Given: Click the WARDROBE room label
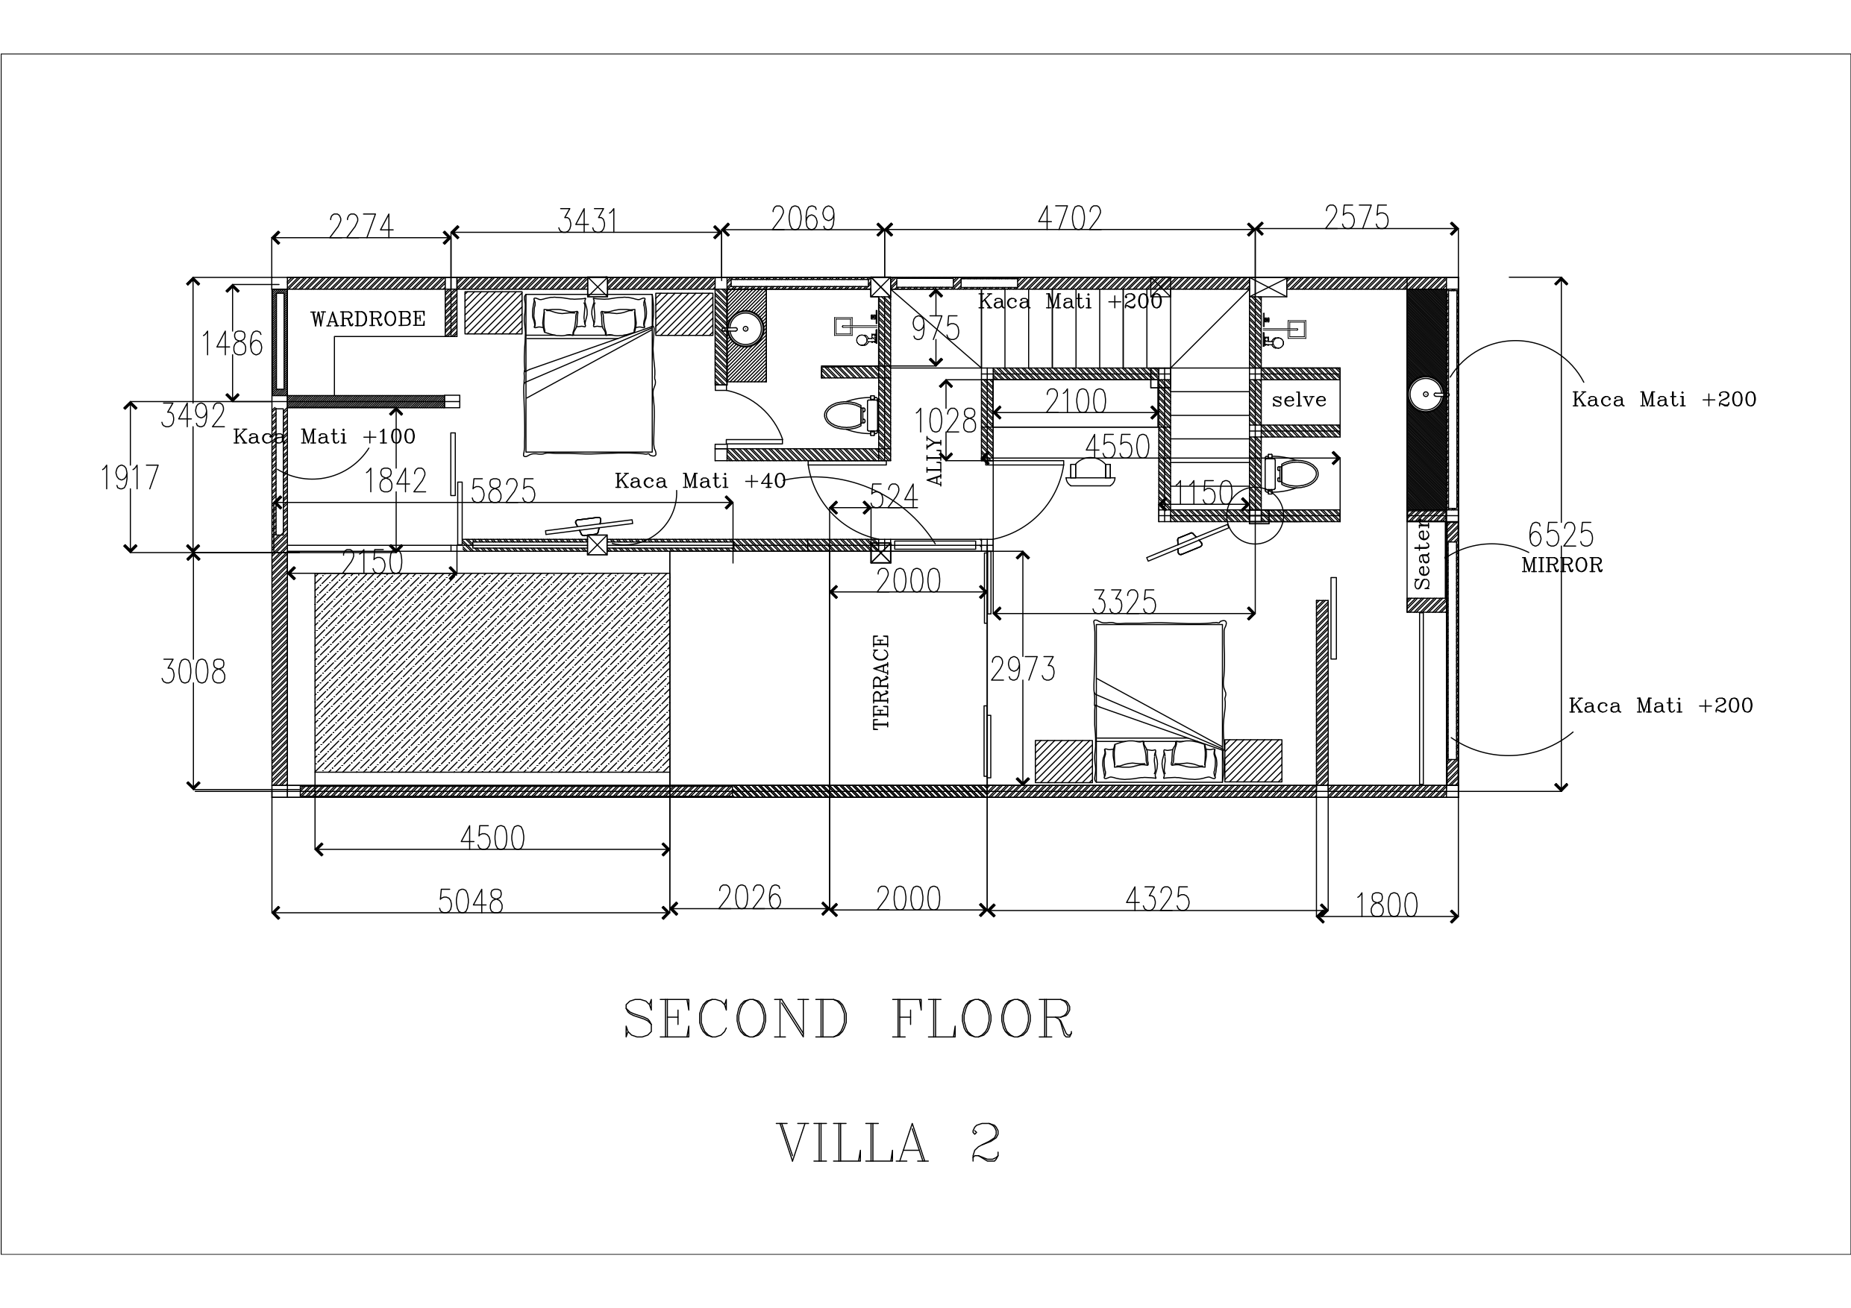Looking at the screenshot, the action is pos(368,319).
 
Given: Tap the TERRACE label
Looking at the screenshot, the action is pos(881,682).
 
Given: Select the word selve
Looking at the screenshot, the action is pos(1299,399).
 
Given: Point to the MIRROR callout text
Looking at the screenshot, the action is pos(1562,565).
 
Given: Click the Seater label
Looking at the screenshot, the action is pos(1422,556).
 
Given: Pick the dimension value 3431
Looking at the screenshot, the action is pos(588,220).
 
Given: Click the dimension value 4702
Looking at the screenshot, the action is pos(1069,218).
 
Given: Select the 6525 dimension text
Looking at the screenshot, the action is pos(1561,535).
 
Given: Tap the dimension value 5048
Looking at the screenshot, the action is pos(471,901).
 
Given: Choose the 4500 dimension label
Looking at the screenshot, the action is pos(492,838).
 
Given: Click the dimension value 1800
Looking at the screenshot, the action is pos(1387,906).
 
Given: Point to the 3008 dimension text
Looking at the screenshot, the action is pos(193,671).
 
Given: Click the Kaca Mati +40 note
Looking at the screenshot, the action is pos(700,481).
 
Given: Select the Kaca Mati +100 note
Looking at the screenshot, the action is pos(324,437).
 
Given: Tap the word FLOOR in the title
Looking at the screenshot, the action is pos(983,1019).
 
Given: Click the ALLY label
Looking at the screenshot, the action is pos(935,461).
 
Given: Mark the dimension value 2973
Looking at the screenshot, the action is pos(1023,670).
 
